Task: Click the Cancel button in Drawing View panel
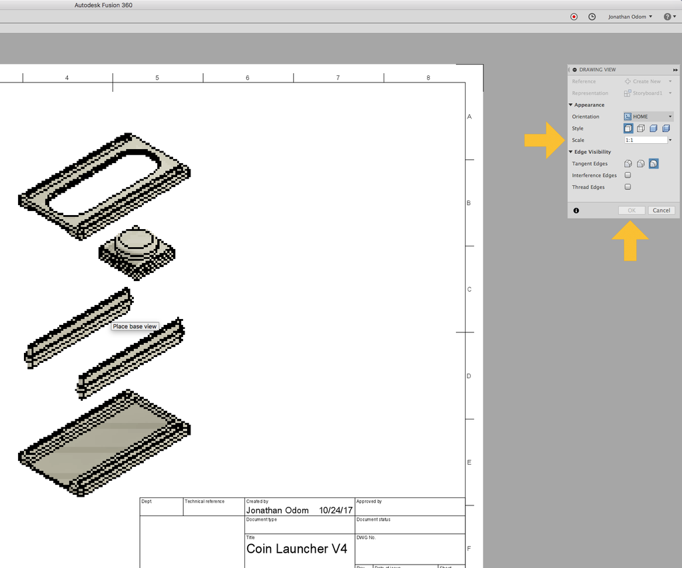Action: click(x=661, y=210)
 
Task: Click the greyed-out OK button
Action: click(x=631, y=210)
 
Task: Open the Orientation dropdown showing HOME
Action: click(x=648, y=117)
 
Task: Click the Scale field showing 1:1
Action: click(x=645, y=141)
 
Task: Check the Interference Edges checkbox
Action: click(x=627, y=176)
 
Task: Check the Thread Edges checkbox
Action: click(x=627, y=187)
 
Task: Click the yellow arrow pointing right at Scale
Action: click(x=543, y=140)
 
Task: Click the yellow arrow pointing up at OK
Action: click(x=630, y=240)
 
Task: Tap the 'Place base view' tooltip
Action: click(x=135, y=326)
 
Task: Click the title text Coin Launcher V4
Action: click(x=296, y=549)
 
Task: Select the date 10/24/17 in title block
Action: click(x=335, y=510)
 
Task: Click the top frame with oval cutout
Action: click(x=103, y=186)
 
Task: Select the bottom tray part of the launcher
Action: click(x=103, y=443)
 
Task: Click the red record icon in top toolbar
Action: click(x=574, y=17)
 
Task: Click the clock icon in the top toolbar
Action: click(x=591, y=17)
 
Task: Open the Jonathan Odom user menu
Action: click(x=629, y=17)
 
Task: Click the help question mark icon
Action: click(x=669, y=17)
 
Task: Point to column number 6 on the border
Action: click(x=247, y=78)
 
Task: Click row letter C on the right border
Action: click(x=469, y=289)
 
